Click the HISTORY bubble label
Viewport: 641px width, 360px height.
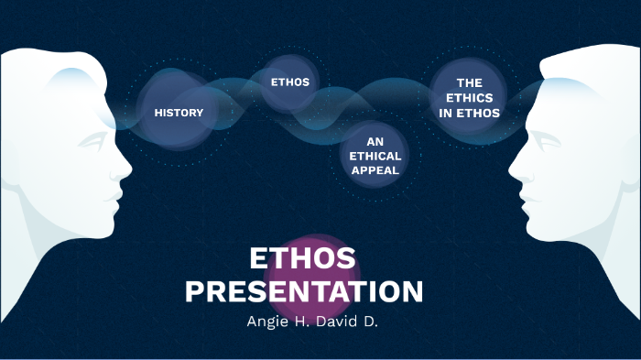[179, 113]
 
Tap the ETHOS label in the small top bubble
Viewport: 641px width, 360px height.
[290, 82]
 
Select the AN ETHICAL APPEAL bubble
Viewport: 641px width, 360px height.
[375, 156]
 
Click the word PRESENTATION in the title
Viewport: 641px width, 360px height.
[304, 291]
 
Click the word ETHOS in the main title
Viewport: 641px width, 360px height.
[302, 259]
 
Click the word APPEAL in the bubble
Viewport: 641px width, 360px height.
[375, 170]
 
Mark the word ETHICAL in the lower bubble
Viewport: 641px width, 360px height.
[375, 156]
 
